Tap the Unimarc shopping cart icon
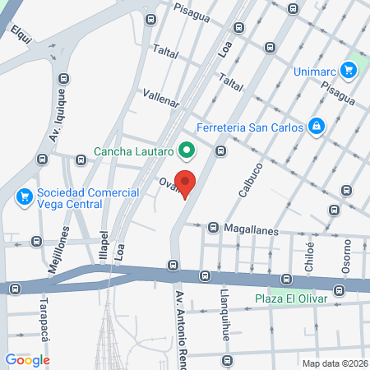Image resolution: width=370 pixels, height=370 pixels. pos(349,71)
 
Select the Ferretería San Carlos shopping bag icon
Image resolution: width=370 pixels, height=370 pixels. pos(316,126)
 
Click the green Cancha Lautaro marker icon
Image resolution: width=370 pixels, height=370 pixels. pos(187,150)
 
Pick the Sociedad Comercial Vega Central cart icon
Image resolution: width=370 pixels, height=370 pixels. pos(24,197)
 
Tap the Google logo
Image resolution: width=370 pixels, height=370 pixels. pos(27,359)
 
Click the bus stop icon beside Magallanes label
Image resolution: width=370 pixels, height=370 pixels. pos(213,227)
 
